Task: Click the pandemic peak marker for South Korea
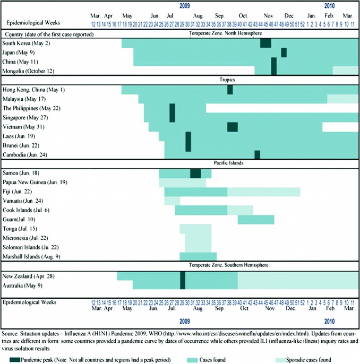[x=265, y=43]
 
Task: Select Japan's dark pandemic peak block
[x=284, y=52]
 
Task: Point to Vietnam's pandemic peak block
[x=233, y=126]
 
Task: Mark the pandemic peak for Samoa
[x=195, y=173]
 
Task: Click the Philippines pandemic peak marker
[x=172, y=112]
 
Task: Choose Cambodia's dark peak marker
[x=257, y=154]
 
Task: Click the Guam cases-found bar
[x=256, y=220]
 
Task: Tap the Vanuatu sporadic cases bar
[x=172, y=201]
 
